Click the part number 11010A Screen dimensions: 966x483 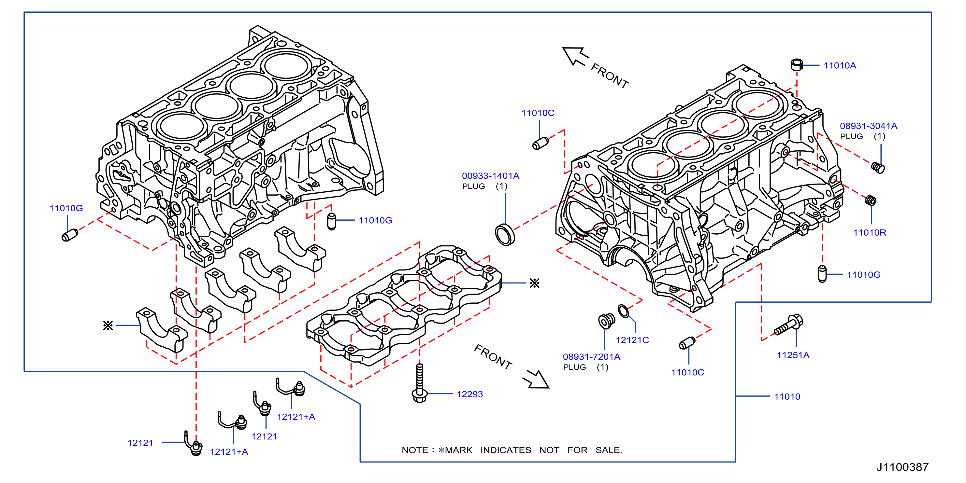point(840,65)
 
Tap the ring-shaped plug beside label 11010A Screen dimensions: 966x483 point(797,64)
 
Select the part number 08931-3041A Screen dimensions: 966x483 point(869,126)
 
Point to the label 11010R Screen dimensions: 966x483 point(870,233)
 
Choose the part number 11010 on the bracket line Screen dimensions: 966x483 point(787,396)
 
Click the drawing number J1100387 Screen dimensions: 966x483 point(902,467)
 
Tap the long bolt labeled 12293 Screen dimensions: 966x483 point(420,383)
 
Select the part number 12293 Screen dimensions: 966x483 point(469,394)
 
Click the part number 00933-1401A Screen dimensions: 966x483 point(491,176)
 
